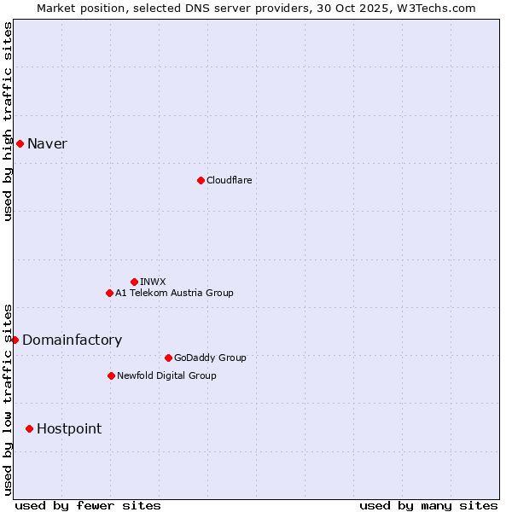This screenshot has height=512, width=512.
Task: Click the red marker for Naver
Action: click(x=20, y=143)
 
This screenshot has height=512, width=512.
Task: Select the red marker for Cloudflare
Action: click(x=201, y=180)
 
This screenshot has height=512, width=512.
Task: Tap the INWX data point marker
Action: click(x=134, y=282)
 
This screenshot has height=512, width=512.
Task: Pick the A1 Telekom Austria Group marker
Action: click(x=109, y=293)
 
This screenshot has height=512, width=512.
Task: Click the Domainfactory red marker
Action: click(x=15, y=340)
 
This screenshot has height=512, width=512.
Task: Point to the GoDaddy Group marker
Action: click(x=168, y=358)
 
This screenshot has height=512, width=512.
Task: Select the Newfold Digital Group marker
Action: click(x=111, y=375)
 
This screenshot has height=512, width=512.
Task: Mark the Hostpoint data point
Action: click(x=29, y=428)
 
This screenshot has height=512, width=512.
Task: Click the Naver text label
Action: click(x=47, y=143)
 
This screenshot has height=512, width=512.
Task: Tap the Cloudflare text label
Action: click(x=229, y=180)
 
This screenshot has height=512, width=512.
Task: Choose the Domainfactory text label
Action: click(x=72, y=340)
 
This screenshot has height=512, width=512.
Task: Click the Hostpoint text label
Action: click(x=69, y=428)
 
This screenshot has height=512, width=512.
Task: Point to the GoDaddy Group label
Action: click(x=210, y=358)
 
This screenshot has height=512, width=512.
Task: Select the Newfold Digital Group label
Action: click(x=166, y=375)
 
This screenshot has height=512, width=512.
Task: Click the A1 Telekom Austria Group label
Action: click(x=174, y=293)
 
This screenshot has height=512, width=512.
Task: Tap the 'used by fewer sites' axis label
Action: click(x=88, y=505)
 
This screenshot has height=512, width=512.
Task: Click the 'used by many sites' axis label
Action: click(x=428, y=505)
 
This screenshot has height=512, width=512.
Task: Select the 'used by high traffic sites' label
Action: click(x=8, y=121)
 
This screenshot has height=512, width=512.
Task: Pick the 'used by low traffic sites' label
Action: click(x=8, y=399)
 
